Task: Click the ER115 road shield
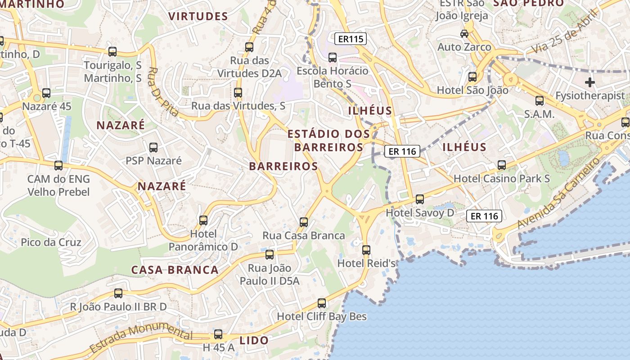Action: tap(351, 39)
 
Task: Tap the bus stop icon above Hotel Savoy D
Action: tap(420, 199)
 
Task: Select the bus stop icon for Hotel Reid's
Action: tap(366, 250)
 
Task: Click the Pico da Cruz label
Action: tap(51, 243)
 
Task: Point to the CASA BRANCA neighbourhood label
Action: tap(175, 270)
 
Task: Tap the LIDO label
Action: tap(254, 341)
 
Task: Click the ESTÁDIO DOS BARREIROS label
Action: tap(328, 140)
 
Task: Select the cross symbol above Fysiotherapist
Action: tap(589, 82)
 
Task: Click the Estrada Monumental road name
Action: tap(141, 337)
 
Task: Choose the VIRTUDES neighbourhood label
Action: tap(198, 17)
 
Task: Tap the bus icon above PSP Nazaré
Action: tap(153, 147)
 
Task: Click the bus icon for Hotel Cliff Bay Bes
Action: tap(322, 303)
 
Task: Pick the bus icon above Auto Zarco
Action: tap(464, 33)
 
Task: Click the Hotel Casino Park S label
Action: tap(501, 179)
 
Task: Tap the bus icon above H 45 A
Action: tap(218, 334)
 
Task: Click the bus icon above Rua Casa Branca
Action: tap(304, 222)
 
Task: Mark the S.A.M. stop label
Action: tap(539, 114)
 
